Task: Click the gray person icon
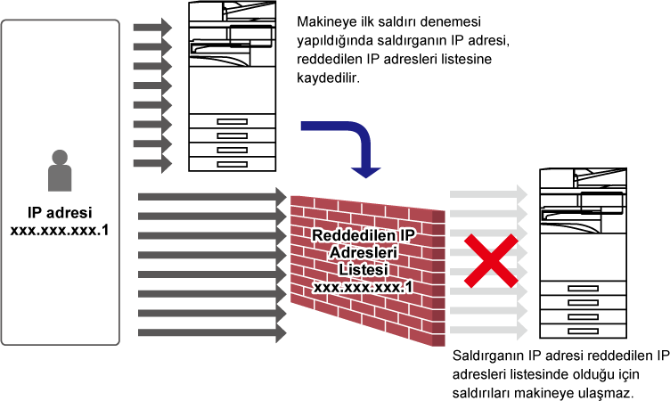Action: click(60, 170)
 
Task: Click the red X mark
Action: click(492, 260)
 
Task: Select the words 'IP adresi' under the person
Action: click(60, 212)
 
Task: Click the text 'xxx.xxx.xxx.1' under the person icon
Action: click(60, 231)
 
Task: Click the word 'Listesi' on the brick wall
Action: click(364, 270)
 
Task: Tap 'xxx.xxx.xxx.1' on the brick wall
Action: click(364, 287)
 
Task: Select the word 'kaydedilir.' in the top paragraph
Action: click(328, 78)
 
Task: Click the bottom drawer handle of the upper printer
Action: click(232, 164)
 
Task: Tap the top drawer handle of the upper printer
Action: click(232, 121)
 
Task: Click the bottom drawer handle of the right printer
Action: click(583, 331)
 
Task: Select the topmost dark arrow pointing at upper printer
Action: click(152, 28)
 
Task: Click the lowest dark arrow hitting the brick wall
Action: click(212, 332)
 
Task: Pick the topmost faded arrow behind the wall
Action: click(489, 194)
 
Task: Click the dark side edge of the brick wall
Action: click(439, 278)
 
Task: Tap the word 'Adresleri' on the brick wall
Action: click(364, 253)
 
